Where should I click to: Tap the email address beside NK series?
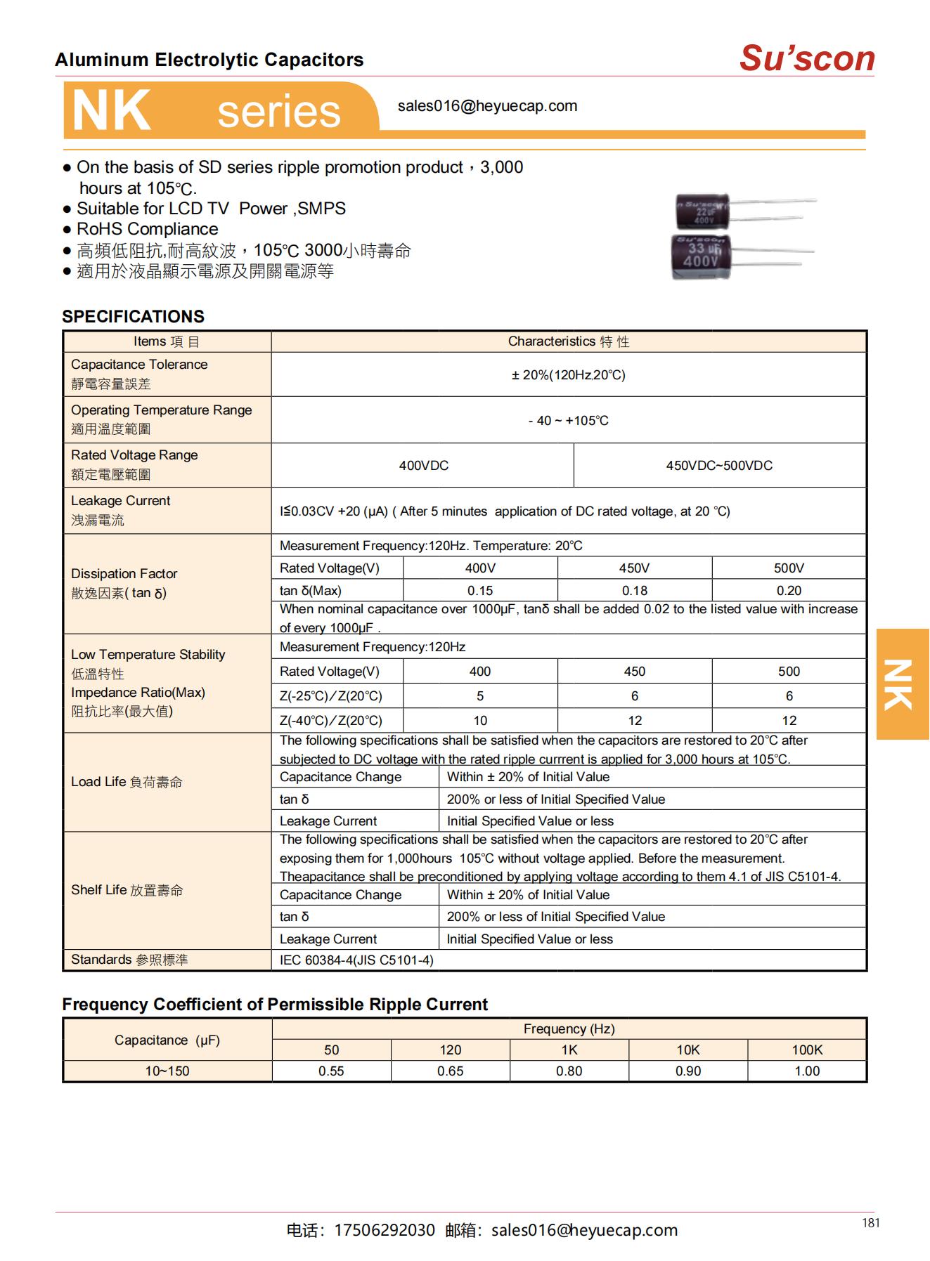tap(487, 106)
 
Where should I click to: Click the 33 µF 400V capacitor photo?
tap(703, 258)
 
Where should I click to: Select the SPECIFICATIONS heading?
tap(133, 317)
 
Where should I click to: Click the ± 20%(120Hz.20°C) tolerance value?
tap(568, 375)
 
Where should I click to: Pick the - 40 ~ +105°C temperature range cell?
tap(568, 421)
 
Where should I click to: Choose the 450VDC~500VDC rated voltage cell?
tap(719, 466)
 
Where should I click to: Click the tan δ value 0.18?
tap(634, 591)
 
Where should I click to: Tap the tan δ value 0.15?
tap(480, 591)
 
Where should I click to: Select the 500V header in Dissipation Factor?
tap(789, 568)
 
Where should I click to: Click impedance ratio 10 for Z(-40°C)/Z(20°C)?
tap(480, 721)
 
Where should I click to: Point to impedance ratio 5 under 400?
tap(480, 696)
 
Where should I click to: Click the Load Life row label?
tap(127, 782)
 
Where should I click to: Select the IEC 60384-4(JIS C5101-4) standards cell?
tap(356, 960)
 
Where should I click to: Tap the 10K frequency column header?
tap(688, 1050)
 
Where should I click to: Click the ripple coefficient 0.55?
tap(331, 1071)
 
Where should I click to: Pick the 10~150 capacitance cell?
tap(167, 1071)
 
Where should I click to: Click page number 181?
tap(870, 1223)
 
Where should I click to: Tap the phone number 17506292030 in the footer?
tap(384, 1230)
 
